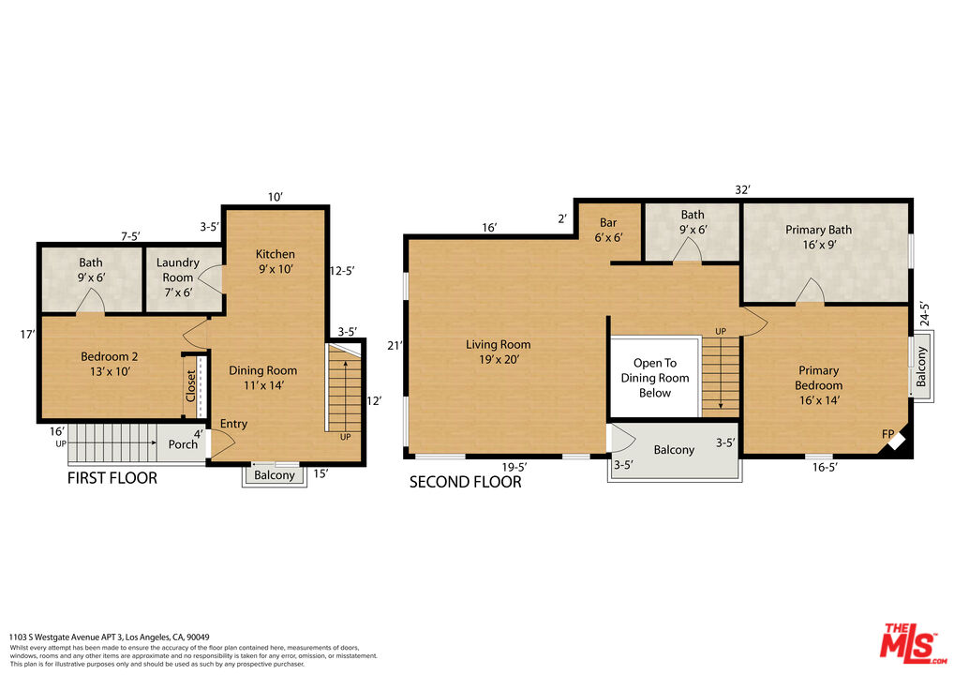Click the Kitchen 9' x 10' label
pyautogui.click(x=276, y=262)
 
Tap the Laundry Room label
pyautogui.click(x=178, y=270)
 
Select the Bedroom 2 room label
pyautogui.click(x=110, y=364)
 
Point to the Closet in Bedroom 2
pyautogui.click(x=191, y=385)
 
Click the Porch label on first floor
pyautogui.click(x=184, y=443)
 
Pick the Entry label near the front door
pyautogui.click(x=233, y=424)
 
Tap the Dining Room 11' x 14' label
pyautogui.click(x=263, y=378)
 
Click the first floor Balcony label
pyautogui.click(x=275, y=474)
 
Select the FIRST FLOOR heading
pyautogui.click(x=112, y=478)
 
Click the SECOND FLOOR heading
pyautogui.click(x=466, y=482)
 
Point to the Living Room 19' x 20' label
pyautogui.click(x=499, y=352)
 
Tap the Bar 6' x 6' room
pyautogui.click(x=608, y=230)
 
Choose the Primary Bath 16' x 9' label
pyautogui.click(x=818, y=237)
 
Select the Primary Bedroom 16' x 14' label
pyautogui.click(x=818, y=384)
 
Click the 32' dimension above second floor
pyautogui.click(x=742, y=189)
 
